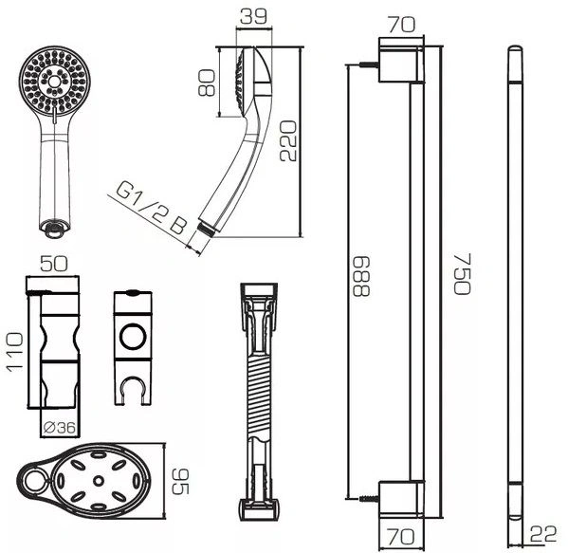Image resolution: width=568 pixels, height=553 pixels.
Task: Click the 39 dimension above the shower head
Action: point(253,16)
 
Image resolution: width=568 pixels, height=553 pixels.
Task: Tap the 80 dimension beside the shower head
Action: point(208,83)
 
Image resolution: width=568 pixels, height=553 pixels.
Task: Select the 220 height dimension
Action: point(288,141)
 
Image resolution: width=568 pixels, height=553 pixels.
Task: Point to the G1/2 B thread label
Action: point(152,210)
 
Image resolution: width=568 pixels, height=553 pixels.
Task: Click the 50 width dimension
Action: point(54,264)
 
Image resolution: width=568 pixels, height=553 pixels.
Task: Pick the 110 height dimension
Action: point(15,352)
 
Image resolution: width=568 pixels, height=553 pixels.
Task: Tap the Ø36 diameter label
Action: point(60,428)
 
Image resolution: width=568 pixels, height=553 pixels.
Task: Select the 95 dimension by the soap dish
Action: point(180,482)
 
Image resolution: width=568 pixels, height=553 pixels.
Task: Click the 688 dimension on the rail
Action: point(361,277)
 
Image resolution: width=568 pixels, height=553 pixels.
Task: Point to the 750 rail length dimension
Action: point(462,274)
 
